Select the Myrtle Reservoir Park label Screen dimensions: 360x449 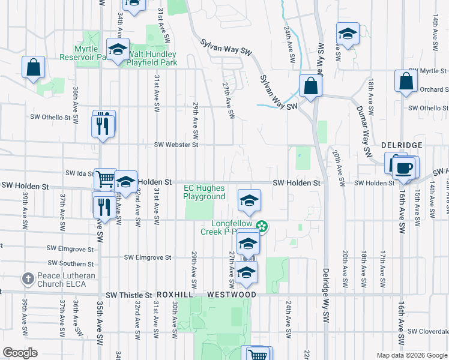coord(90,53)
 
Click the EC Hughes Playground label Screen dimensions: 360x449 coord(204,192)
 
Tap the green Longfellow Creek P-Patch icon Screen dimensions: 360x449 coord(262,226)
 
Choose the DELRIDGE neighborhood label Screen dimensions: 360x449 coord(402,146)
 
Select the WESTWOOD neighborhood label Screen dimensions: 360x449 coord(232,295)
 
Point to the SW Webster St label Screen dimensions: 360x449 coord(176,145)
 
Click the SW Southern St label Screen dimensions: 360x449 coord(71,263)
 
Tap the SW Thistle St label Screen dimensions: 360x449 coord(129,295)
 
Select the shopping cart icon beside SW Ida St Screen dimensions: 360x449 coord(105,178)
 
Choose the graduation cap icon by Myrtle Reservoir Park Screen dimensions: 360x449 coord(118,49)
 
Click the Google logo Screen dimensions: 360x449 coord(20,353)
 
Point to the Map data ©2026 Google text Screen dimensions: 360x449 coord(411,355)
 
